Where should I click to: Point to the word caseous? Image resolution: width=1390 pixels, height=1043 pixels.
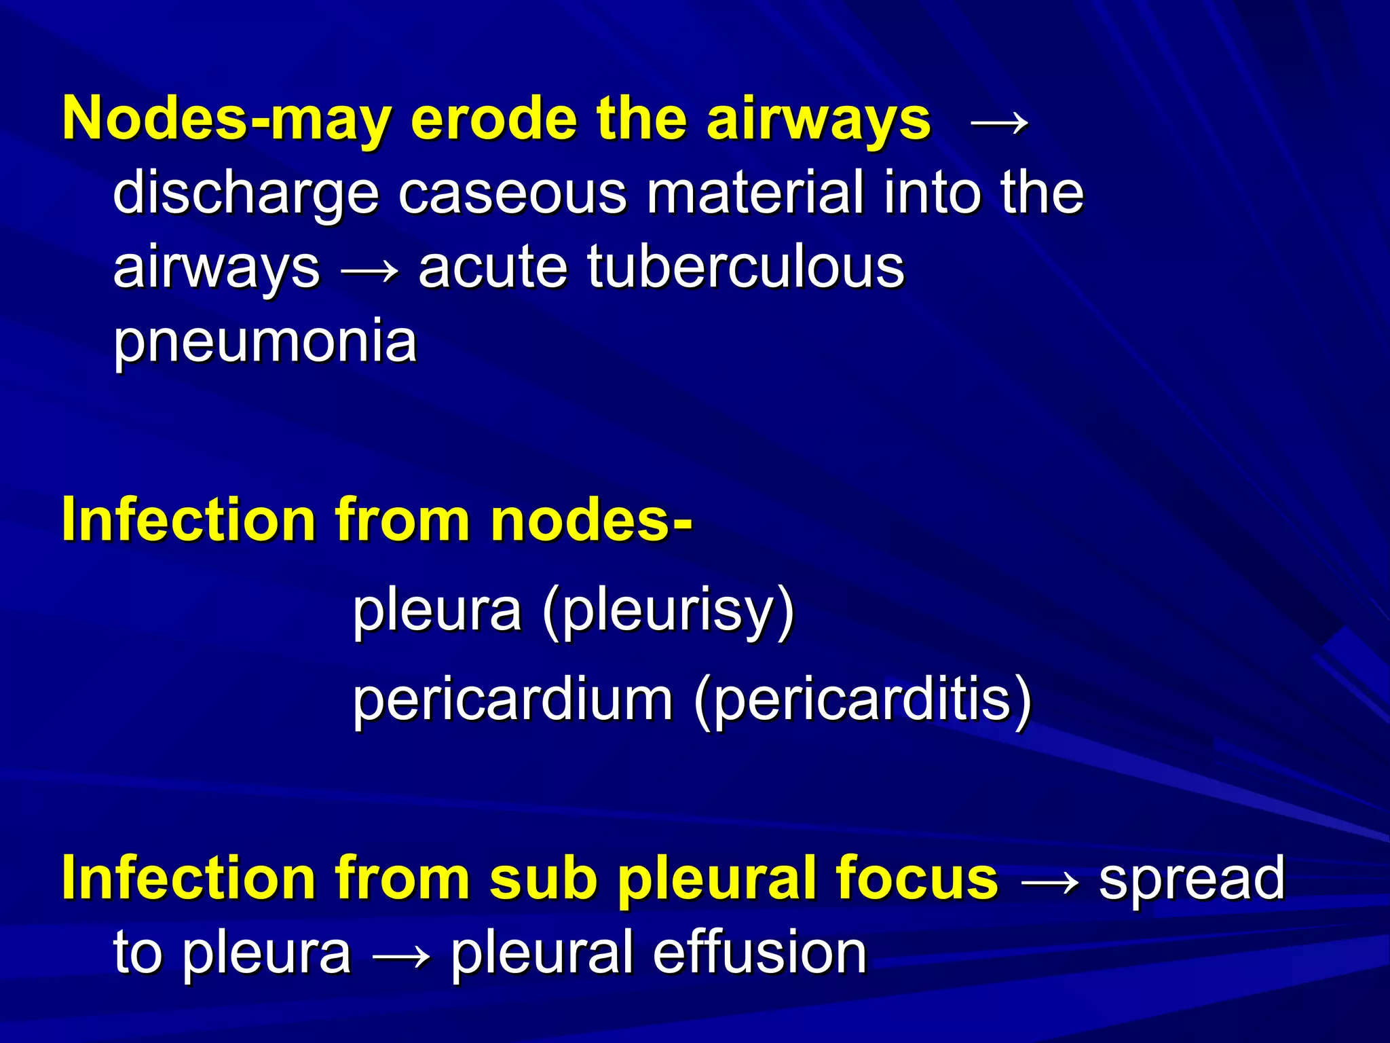click(x=512, y=194)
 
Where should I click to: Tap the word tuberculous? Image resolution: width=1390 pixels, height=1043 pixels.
click(x=746, y=266)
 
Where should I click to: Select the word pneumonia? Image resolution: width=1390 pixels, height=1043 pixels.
click(x=265, y=342)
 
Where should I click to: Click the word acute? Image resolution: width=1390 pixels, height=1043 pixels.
click(x=493, y=267)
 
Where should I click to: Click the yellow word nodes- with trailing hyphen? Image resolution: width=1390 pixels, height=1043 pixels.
click(x=590, y=519)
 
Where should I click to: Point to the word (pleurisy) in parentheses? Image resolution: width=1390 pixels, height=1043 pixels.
click(x=669, y=610)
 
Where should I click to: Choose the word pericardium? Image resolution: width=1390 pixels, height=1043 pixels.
click(x=512, y=701)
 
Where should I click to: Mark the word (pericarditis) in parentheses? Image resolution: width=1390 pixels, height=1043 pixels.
click(x=863, y=701)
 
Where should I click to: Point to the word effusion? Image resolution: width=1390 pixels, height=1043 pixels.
click(x=759, y=952)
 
